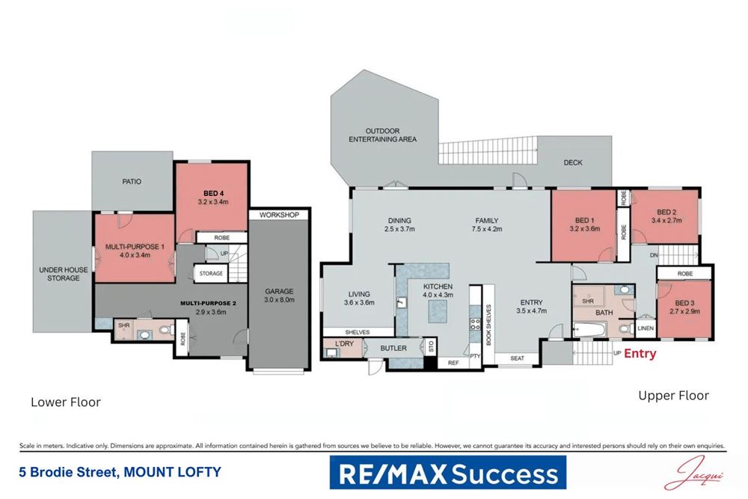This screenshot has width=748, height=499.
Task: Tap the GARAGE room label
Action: click(x=279, y=292)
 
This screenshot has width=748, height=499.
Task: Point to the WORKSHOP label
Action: click(x=279, y=215)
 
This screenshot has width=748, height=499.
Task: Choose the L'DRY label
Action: click(x=344, y=343)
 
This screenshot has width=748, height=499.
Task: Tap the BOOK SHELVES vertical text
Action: click(x=488, y=323)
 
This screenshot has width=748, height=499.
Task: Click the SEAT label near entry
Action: click(x=517, y=358)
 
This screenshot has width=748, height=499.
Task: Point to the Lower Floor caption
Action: click(x=66, y=402)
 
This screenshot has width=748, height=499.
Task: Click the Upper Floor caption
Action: click(x=673, y=396)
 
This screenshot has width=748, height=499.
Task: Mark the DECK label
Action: click(x=573, y=162)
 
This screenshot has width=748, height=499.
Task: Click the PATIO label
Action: click(x=131, y=181)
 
